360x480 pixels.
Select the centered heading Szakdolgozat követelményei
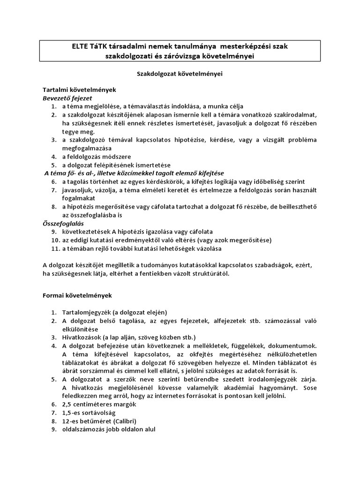(180, 74)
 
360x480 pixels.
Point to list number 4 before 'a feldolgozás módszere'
(54, 157)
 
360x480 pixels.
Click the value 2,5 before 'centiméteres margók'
(67, 404)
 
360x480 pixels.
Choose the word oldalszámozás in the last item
(83, 429)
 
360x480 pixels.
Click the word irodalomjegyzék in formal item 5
(267, 379)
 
